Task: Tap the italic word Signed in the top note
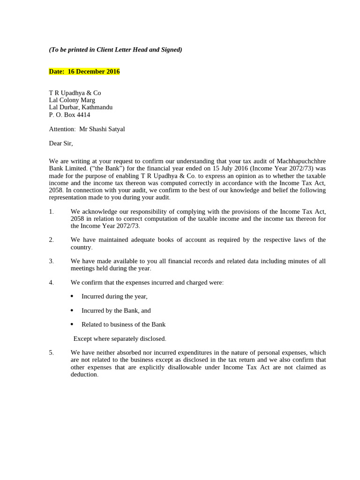[170, 50]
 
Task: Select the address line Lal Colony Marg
[72, 100]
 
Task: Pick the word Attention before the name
[61, 129]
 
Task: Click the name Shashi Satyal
[108, 129]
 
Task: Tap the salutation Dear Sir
[60, 143]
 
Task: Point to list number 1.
[51, 212]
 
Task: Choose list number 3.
[51, 261]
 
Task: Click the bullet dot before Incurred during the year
[72, 296]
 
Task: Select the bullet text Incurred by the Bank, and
[116, 311]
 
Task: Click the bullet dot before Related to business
[72, 324]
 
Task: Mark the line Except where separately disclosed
[120, 339]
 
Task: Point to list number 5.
[51, 352]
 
